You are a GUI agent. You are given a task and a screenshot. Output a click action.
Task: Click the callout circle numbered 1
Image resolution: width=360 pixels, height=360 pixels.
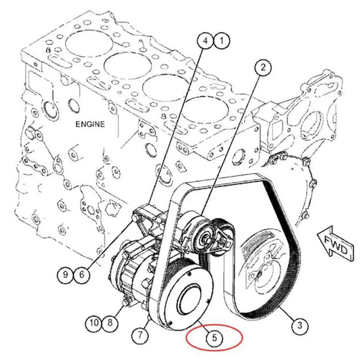(x=221, y=42)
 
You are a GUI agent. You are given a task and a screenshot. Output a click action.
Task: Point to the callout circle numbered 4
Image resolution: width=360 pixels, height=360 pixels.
(x=205, y=42)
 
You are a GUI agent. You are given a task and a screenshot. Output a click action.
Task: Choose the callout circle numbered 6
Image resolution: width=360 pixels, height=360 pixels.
(x=81, y=274)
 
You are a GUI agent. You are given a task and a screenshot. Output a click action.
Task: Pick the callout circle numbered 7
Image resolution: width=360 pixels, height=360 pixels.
(x=140, y=335)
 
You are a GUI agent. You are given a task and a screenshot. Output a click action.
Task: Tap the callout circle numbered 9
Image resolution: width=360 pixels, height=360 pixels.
(x=66, y=274)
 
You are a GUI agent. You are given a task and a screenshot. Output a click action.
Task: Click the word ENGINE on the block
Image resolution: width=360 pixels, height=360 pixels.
(x=90, y=124)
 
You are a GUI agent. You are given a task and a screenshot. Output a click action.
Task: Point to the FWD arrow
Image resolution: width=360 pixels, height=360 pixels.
(x=333, y=246)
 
